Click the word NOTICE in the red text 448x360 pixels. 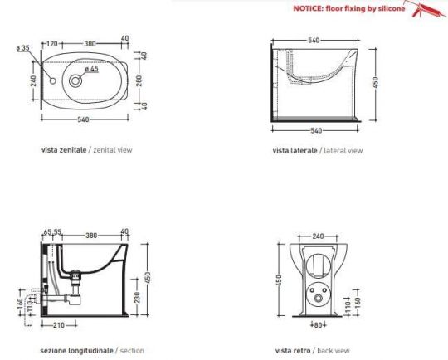[308, 8]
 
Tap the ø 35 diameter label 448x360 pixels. [23, 48]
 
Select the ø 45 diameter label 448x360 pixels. [92, 69]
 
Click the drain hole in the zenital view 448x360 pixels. [75, 80]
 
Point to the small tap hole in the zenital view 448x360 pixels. [52, 80]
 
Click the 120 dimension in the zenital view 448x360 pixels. [52, 44]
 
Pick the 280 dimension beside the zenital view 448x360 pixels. [139, 80]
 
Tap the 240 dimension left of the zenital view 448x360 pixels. [33, 80]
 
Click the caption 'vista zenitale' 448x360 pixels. [64, 149]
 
